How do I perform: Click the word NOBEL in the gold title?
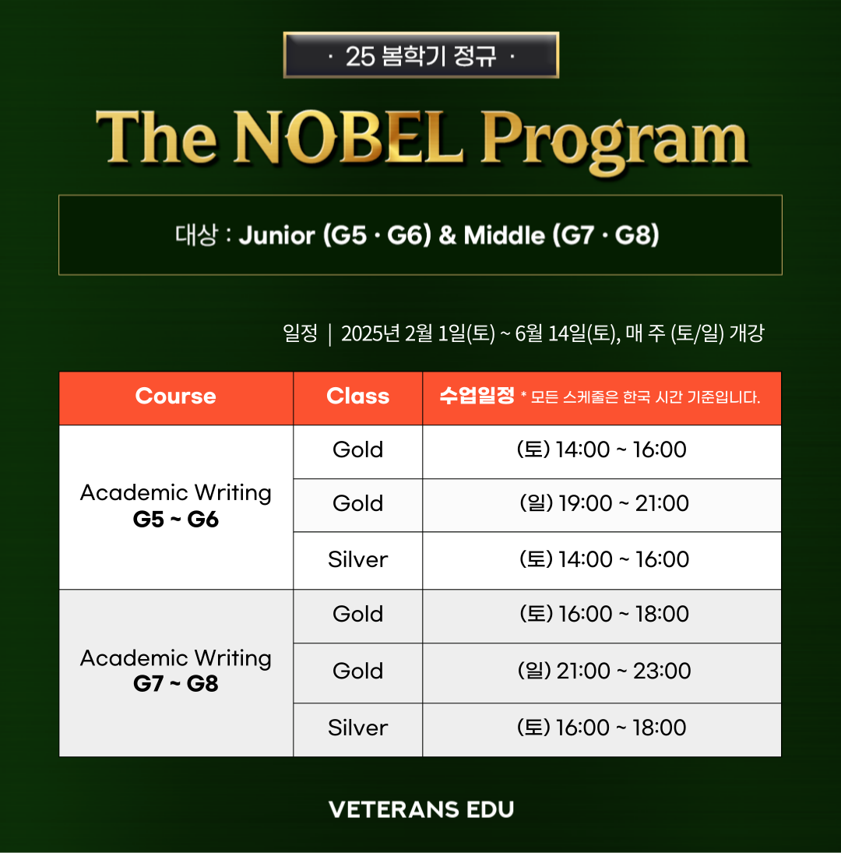pos(348,137)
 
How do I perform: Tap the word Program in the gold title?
pos(614,143)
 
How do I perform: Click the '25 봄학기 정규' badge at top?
pos(421,55)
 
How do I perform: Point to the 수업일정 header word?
pos(477,396)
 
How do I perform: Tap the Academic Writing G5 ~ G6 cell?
pos(175,506)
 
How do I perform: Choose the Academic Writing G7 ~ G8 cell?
pos(175,672)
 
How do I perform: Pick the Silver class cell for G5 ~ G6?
pos(357,560)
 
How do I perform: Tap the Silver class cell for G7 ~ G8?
pos(357,729)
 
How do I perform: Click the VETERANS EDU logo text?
pos(421,809)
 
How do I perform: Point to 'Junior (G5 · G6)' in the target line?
pos(335,235)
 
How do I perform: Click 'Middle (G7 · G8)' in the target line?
pos(561,235)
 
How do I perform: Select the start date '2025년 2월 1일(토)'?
pos(418,333)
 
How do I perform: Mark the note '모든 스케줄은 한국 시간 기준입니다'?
pos(645,397)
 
